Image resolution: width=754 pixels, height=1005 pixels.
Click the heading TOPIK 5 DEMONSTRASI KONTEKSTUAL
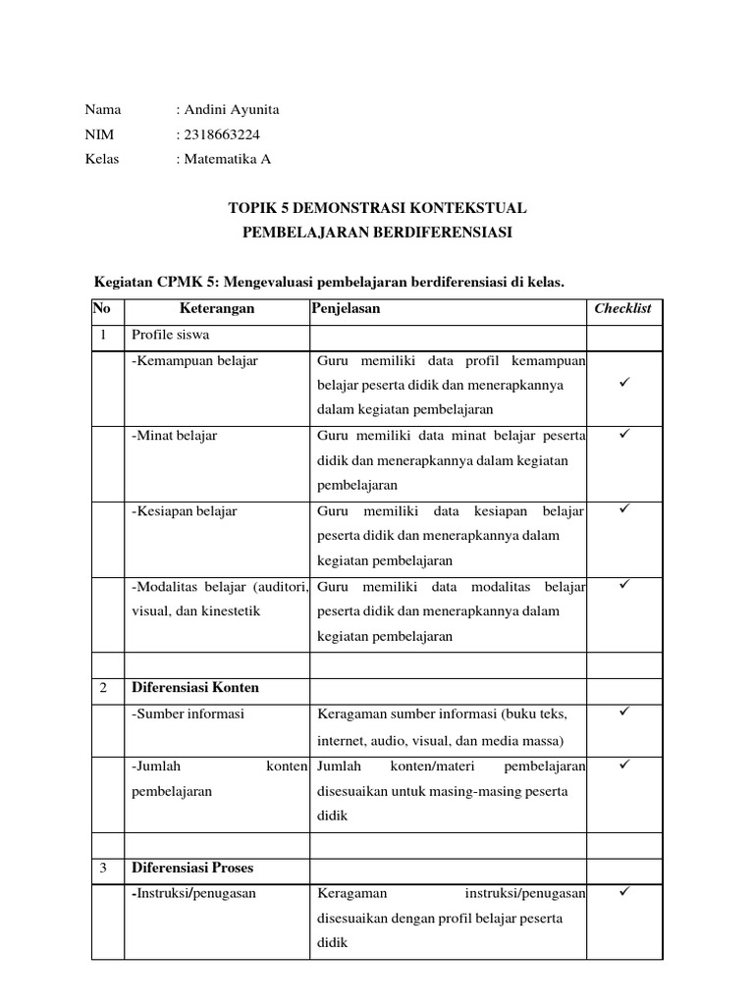coord(377,208)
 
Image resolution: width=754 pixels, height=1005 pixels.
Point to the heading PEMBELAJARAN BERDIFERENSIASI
coord(377,233)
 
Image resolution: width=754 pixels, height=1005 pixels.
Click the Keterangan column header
coord(217,308)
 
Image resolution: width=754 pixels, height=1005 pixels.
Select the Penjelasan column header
coord(346,308)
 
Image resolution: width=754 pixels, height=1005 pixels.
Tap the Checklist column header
coord(622,308)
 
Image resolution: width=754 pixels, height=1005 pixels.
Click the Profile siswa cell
coord(164,336)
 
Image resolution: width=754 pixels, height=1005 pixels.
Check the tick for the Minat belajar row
coord(623,433)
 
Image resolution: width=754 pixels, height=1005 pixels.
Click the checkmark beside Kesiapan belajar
coord(623,508)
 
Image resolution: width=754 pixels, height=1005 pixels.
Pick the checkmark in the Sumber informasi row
coord(623,711)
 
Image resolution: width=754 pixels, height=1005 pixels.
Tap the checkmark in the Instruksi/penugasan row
coord(623,891)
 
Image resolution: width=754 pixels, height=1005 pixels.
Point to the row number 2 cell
coord(103,688)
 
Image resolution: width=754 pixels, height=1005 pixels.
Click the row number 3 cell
coord(103,869)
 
